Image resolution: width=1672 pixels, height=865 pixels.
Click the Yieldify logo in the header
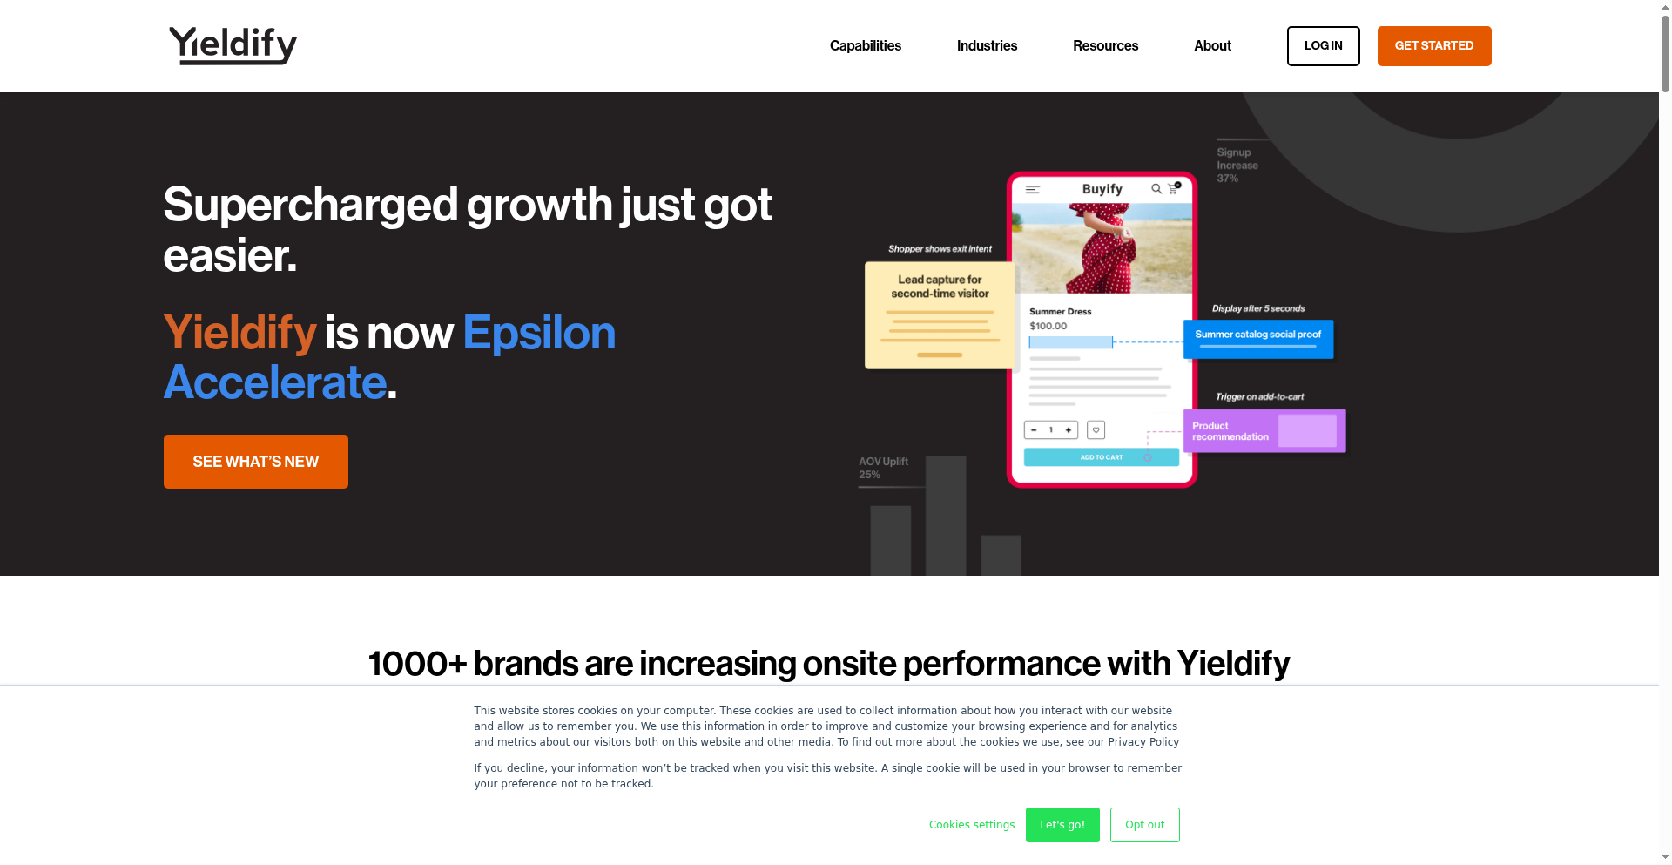coord(233,45)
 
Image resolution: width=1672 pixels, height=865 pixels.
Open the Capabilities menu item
coord(865,46)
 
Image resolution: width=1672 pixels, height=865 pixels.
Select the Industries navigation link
coord(987,46)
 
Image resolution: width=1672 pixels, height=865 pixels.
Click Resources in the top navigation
coord(1105,46)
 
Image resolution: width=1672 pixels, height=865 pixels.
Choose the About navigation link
coord(1212,46)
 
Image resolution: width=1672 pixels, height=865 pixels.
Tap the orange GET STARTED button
coord(1434,46)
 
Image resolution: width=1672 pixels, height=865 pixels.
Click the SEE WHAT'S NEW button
coord(256,462)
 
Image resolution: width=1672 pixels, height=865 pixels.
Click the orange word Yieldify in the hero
coord(239,333)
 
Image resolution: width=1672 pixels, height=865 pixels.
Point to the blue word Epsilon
coord(539,333)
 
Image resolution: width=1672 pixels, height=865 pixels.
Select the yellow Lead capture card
coord(940,315)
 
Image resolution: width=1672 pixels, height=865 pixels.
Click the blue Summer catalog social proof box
coord(1258,339)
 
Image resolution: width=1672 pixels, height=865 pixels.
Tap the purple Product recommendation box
coord(1264,431)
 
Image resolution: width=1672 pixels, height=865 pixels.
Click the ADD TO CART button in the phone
coord(1102,457)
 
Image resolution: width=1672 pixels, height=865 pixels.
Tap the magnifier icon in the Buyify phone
coord(1156,188)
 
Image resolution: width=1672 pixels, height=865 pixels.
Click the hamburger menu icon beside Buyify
coord(1033,189)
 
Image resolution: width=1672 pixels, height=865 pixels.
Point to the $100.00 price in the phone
coord(1048,326)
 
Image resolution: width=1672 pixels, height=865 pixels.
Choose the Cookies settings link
coord(972,825)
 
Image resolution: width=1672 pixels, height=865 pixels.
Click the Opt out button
coord(1145,825)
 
